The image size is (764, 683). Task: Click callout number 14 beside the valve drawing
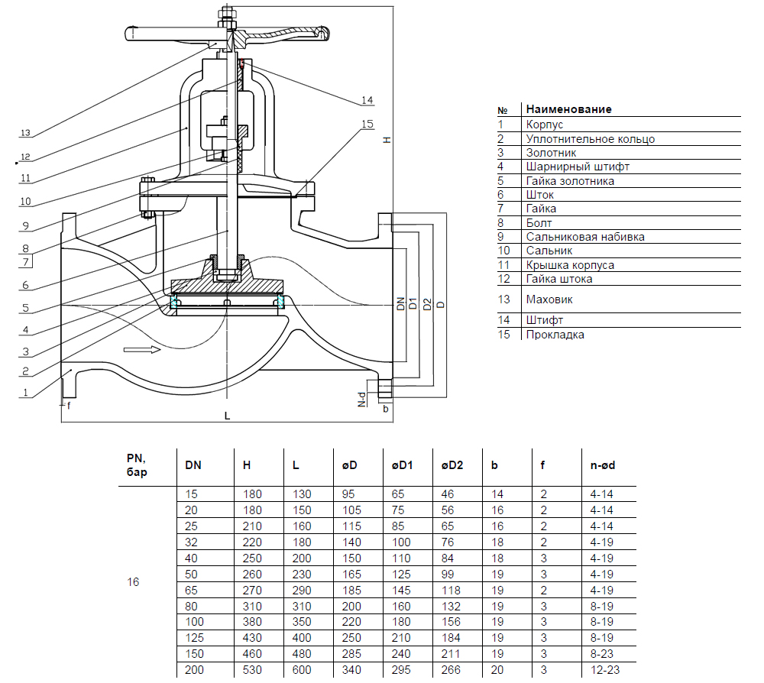[x=367, y=100]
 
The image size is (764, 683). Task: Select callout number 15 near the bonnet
[x=367, y=124]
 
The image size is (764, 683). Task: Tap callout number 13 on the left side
[x=24, y=133]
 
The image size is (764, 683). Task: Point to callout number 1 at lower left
[x=24, y=393]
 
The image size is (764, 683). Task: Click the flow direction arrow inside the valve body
[x=141, y=349]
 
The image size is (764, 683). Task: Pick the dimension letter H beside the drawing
[x=387, y=141]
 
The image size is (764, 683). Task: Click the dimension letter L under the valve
[x=227, y=416]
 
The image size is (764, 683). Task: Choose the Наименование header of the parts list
[x=568, y=109]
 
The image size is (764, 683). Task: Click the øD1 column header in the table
[x=403, y=465]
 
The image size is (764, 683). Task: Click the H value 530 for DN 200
[x=252, y=669]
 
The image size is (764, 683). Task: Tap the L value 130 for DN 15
[x=303, y=494]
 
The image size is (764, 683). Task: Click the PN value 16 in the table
[x=133, y=581]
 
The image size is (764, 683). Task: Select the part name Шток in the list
[x=539, y=194]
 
